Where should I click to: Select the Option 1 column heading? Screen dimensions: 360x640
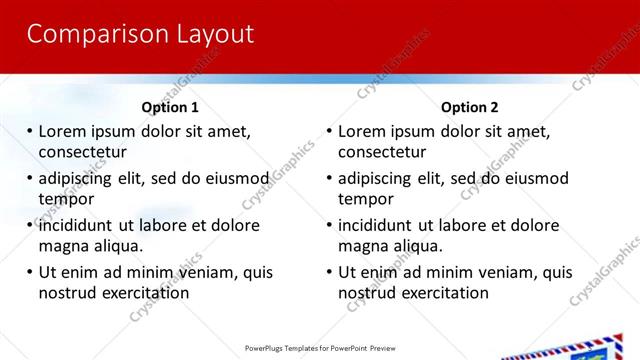pos(170,107)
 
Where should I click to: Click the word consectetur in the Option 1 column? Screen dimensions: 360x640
pos(82,152)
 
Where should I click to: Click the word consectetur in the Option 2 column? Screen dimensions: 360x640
pos(382,152)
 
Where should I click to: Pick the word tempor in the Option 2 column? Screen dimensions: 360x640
pos(366,199)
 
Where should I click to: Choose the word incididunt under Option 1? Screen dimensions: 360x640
pos(78,225)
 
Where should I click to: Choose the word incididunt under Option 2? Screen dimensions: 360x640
pos(378,225)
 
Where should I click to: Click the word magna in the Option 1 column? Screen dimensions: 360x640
pos(63,246)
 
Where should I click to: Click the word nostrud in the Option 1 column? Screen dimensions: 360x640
pos(66,293)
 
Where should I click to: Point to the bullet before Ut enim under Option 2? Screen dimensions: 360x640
pos(329,272)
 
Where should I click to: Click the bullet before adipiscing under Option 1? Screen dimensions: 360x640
pos(30,179)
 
